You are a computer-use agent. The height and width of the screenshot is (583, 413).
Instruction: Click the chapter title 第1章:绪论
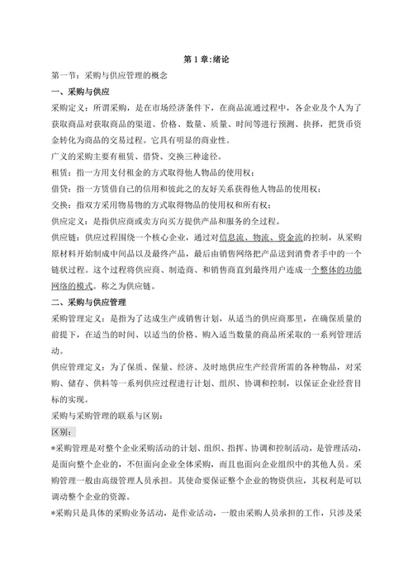pyautogui.click(x=206, y=59)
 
